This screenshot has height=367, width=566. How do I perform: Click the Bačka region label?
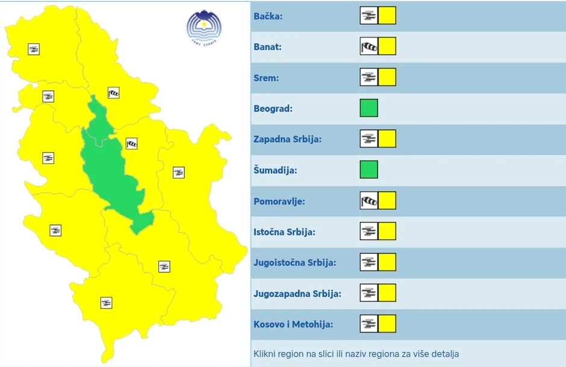tap(268, 16)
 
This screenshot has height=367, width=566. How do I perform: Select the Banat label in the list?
tap(267, 47)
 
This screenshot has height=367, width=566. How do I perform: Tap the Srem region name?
tap(266, 78)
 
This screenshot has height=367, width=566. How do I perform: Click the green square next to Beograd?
tap(369, 108)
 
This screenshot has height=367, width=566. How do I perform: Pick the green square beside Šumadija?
tap(369, 170)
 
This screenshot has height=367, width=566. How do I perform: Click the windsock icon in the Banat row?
tap(369, 46)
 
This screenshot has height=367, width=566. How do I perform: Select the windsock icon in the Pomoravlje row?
tap(369, 201)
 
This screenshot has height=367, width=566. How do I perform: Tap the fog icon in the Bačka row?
tap(369, 16)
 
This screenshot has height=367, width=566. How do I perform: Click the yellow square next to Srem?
tap(387, 77)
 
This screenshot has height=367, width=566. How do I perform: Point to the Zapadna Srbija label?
tap(288, 139)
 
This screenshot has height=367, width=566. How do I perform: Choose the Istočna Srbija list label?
tap(285, 232)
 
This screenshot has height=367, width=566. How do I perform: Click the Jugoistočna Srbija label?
tap(294, 263)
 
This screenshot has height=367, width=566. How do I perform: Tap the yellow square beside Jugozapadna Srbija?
tap(387, 293)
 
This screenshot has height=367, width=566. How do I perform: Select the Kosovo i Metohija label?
tap(293, 325)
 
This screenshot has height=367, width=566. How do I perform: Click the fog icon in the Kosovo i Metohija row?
tap(369, 324)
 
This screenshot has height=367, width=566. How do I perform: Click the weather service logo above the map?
tap(204, 28)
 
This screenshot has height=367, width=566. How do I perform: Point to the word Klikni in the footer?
tap(264, 354)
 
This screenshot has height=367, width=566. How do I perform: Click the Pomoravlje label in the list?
tap(279, 201)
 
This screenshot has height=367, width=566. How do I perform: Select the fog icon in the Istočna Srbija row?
tap(369, 231)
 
